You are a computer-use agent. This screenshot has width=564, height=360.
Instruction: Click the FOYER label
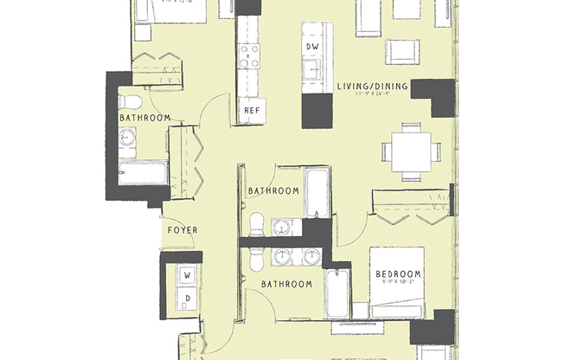pyautogui.click(x=183, y=230)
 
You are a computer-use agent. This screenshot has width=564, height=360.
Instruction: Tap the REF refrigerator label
pyautogui.click(x=252, y=111)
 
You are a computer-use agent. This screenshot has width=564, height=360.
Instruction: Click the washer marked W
pyautogui.click(x=186, y=276)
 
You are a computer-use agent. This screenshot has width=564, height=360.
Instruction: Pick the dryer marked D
pyautogui.click(x=186, y=299)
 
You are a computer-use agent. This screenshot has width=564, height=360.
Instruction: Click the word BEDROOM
pyautogui.click(x=398, y=274)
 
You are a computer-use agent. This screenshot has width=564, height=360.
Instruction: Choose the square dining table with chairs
pyautogui.click(x=411, y=152)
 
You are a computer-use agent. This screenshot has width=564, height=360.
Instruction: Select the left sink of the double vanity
pyautogui.click(x=282, y=257)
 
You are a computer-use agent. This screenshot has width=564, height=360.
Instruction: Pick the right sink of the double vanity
pyautogui.click(x=308, y=257)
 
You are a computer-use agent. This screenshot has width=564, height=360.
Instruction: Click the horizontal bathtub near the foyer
pyautogui.click(x=142, y=174)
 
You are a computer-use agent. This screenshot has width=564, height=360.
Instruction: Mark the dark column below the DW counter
pyautogui.click(x=317, y=112)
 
